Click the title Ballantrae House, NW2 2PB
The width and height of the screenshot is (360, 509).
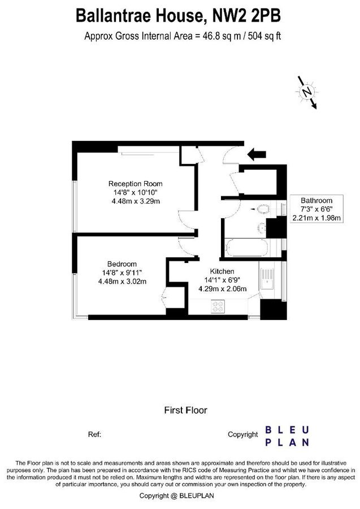[x=179, y=15]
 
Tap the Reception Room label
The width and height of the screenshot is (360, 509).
[x=135, y=184]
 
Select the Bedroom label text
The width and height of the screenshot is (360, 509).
[x=122, y=264]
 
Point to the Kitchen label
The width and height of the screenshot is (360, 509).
[x=222, y=271]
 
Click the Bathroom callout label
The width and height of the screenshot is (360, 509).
[x=316, y=201]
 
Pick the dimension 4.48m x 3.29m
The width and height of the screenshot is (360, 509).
[x=135, y=201]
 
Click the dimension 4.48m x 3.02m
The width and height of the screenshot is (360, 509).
[x=122, y=281]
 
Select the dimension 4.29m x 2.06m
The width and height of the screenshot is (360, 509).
[x=222, y=288]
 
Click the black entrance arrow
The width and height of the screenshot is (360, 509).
[x=257, y=153]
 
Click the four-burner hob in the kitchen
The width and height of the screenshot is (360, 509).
[x=218, y=306]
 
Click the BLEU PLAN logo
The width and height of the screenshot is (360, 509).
[x=287, y=435]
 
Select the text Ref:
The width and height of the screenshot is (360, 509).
[x=95, y=434]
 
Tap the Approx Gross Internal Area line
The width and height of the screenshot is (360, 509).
[x=183, y=36]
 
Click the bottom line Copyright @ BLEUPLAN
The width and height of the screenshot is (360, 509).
[x=180, y=495]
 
